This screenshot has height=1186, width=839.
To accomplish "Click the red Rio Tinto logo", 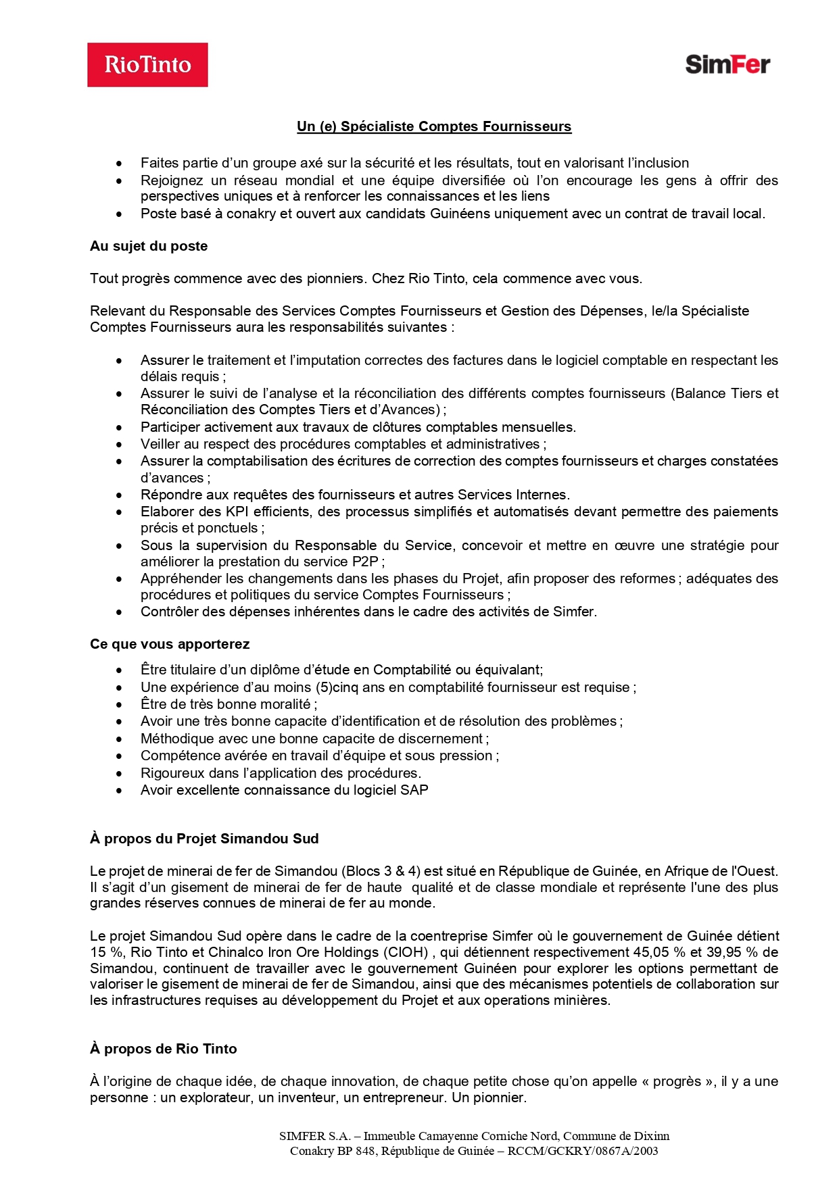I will (x=147, y=65).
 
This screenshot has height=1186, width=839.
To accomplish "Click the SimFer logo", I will (x=727, y=64).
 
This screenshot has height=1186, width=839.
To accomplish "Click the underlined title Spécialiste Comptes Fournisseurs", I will (x=434, y=126).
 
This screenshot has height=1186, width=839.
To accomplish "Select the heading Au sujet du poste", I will (x=149, y=246).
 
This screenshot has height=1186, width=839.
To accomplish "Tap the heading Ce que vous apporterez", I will (x=170, y=644).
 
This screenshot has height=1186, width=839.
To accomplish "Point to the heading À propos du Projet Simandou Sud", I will (x=204, y=839).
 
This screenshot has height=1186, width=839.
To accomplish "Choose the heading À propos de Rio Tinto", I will (x=164, y=1049).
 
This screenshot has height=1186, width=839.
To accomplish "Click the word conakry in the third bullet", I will (x=247, y=214).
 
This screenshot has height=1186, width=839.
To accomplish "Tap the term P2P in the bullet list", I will (x=365, y=562).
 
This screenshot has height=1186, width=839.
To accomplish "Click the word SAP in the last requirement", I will (x=414, y=790).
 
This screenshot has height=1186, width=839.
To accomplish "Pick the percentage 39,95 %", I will (x=730, y=952).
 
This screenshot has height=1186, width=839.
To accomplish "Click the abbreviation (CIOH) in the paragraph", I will (x=406, y=952).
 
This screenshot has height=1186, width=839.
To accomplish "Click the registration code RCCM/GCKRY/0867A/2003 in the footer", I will (x=583, y=1151).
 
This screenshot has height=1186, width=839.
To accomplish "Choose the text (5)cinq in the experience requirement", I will (x=337, y=687).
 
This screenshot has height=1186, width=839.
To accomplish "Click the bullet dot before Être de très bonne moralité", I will (x=119, y=705).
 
